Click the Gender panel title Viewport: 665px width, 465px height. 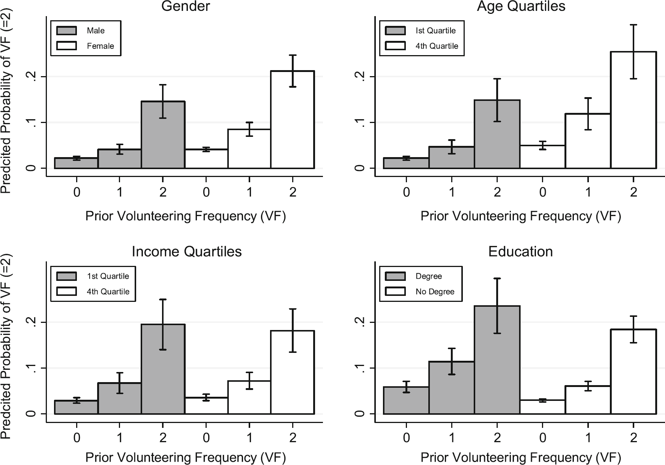185,6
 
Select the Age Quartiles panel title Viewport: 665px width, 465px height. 521,6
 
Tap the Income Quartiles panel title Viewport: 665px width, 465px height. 186,251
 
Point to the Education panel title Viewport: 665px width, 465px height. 520,251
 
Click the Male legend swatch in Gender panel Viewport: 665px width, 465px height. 66,30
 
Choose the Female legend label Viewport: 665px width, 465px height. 100,46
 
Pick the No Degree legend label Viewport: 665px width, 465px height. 435,291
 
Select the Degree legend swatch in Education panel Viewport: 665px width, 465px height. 395,276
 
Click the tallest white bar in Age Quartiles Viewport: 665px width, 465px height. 633,110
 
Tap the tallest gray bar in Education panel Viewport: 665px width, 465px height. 497,360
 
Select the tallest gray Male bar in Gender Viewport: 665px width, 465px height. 163,135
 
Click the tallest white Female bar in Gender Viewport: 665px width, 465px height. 293,120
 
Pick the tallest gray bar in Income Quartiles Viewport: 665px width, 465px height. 163,369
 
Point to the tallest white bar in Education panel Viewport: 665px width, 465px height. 633,372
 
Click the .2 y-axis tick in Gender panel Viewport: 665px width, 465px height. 33,76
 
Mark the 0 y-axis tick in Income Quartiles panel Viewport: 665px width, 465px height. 33,414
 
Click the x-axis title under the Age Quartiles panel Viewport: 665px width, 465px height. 521,216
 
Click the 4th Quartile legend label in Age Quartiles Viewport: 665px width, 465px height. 437,46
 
